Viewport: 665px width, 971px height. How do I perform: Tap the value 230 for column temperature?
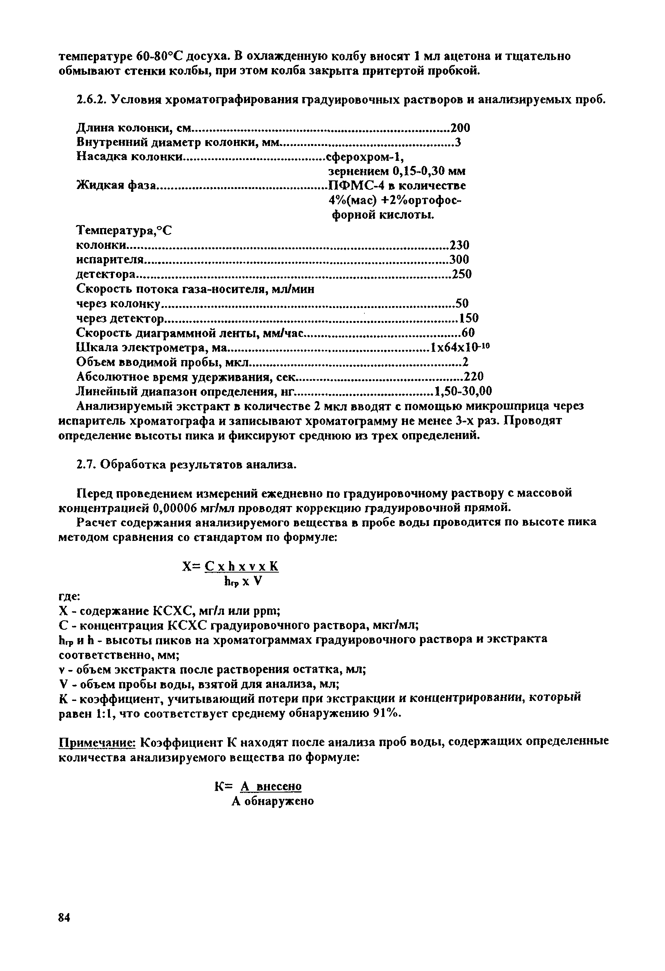(459, 245)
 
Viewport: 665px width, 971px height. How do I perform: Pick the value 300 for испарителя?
(459, 259)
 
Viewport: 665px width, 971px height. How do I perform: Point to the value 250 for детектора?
(461, 274)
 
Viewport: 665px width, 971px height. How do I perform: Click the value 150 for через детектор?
(468, 318)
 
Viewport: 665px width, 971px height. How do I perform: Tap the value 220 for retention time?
(474, 377)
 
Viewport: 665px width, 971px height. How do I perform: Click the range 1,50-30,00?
(463, 391)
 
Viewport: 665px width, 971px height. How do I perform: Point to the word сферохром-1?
(365, 157)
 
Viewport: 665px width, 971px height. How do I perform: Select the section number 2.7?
(85, 465)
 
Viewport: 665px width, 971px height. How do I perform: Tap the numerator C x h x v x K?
(241, 567)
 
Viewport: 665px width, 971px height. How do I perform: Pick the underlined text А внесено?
(271, 787)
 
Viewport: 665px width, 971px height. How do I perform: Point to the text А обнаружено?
(273, 802)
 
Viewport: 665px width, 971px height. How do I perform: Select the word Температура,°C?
(124, 230)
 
